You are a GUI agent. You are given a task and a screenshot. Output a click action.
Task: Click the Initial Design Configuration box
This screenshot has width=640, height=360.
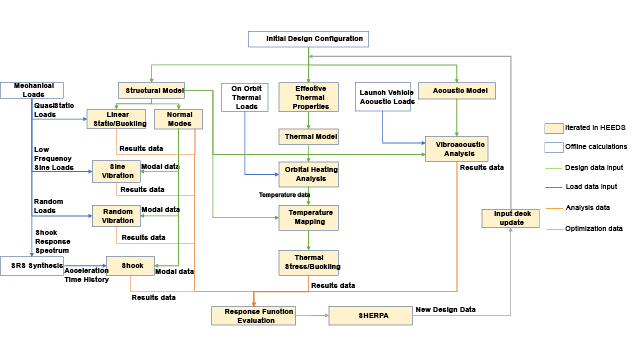pyautogui.click(x=308, y=39)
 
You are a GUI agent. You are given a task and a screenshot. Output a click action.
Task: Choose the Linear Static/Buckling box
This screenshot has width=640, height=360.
pyautogui.click(x=116, y=118)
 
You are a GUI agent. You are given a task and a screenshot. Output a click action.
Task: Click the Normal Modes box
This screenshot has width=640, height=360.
pyautogui.click(x=179, y=118)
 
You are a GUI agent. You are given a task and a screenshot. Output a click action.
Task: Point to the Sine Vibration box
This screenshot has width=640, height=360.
pyautogui.click(x=116, y=170)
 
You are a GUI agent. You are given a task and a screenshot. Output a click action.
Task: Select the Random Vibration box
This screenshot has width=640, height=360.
pyautogui.click(x=116, y=215)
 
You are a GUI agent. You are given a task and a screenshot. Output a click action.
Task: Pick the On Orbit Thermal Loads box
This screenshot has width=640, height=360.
pyautogui.click(x=245, y=96)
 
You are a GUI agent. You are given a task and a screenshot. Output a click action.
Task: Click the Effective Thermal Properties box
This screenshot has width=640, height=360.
pyautogui.click(x=308, y=96)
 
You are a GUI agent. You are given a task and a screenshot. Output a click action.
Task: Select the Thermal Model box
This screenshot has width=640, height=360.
pyautogui.click(x=308, y=137)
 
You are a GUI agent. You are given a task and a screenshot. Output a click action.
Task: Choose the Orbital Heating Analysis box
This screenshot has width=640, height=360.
pyautogui.click(x=308, y=173)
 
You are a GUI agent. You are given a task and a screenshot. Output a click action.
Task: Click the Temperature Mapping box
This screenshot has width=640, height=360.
pyautogui.click(x=308, y=217)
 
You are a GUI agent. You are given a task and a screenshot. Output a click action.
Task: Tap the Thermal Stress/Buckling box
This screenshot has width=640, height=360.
pyautogui.click(x=308, y=262)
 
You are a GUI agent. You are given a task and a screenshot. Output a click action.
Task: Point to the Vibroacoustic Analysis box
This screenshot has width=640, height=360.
pyautogui.click(x=456, y=148)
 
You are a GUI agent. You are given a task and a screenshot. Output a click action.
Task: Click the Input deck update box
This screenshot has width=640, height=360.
pyautogui.click(x=511, y=218)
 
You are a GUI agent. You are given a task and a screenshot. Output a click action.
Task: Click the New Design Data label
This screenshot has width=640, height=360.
pyautogui.click(x=446, y=310)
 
